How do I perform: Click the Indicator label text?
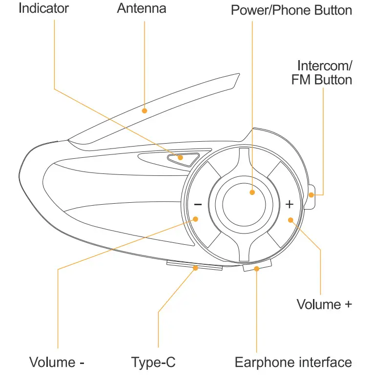pyautogui.click(x=43, y=8)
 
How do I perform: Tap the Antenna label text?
pyautogui.click(x=142, y=8)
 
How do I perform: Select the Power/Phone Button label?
pyautogui.click(x=291, y=10)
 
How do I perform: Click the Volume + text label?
pyautogui.click(x=324, y=304)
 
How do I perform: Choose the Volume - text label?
pyautogui.click(x=57, y=363)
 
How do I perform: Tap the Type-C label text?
pyautogui.click(x=153, y=363)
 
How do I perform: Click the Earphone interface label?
pyautogui.click(x=293, y=363)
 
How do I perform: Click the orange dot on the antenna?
pyautogui.click(x=145, y=111)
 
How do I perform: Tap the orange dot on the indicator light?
pyautogui.click(x=181, y=157)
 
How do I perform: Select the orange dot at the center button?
pyautogui.click(x=252, y=192)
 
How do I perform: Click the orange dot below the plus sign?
pyautogui.click(x=290, y=220)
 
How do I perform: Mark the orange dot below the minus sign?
pyautogui.click(x=196, y=219)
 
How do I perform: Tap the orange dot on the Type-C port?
pyautogui.click(x=196, y=268)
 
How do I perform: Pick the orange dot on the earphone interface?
pyautogui.click(x=257, y=269)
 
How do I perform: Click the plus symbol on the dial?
pyautogui.click(x=290, y=203)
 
